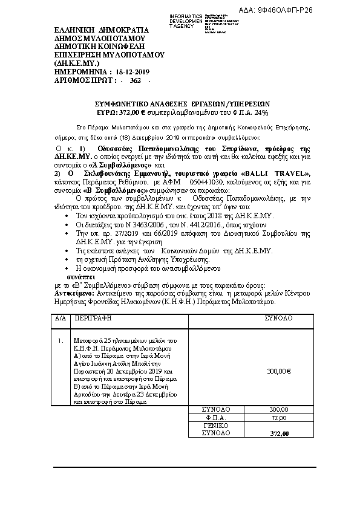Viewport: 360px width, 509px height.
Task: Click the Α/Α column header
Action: [59, 317]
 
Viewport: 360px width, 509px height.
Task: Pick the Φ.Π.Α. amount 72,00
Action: [278, 418]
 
